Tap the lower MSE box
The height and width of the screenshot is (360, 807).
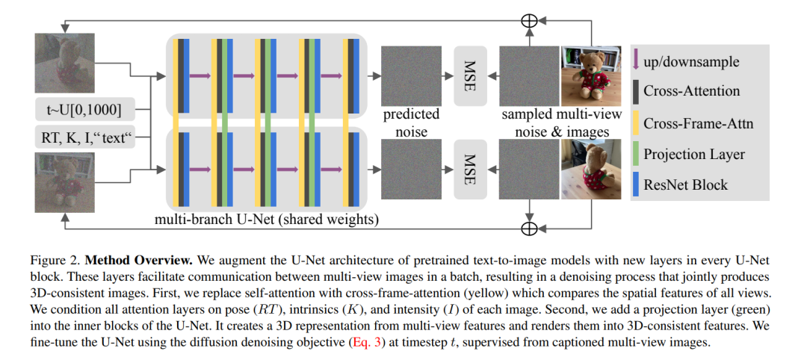(x=470, y=170)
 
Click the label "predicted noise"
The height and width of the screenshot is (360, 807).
(x=411, y=122)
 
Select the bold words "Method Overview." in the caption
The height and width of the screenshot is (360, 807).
(x=139, y=261)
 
